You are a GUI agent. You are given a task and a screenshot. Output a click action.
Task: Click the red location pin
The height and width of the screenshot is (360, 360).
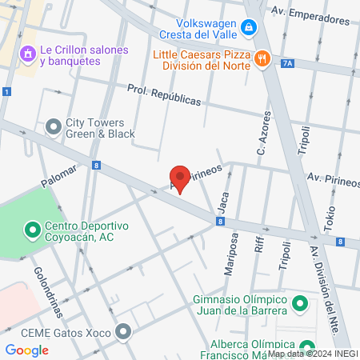(x=180, y=178)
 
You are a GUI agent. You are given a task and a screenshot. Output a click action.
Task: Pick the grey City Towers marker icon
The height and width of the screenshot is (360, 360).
(x=54, y=126)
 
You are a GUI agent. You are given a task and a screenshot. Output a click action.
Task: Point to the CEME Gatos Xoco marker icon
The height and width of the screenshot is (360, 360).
(x=122, y=330)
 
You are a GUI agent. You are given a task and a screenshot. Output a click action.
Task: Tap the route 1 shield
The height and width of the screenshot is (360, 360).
(x=6, y=93)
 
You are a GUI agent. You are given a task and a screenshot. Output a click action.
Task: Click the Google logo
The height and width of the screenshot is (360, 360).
(x=27, y=350)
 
